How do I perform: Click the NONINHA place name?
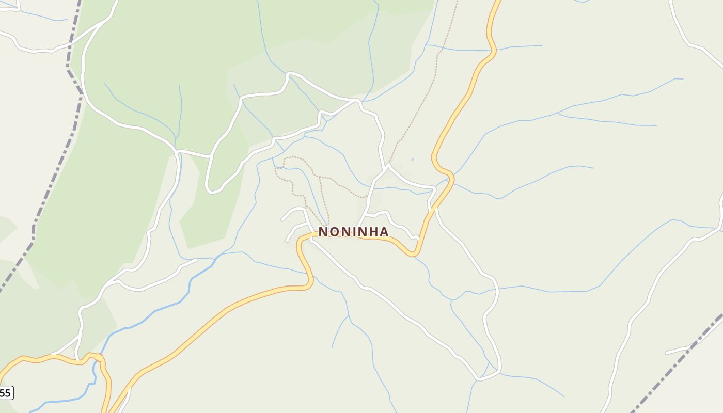point(353,232)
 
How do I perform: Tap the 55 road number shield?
point(5,393)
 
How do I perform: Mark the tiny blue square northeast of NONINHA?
point(412,159)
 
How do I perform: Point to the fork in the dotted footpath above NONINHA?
point(320,178)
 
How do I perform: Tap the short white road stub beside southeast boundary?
point(677,350)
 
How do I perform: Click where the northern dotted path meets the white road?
point(388,165)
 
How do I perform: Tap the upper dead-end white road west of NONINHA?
point(283,219)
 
